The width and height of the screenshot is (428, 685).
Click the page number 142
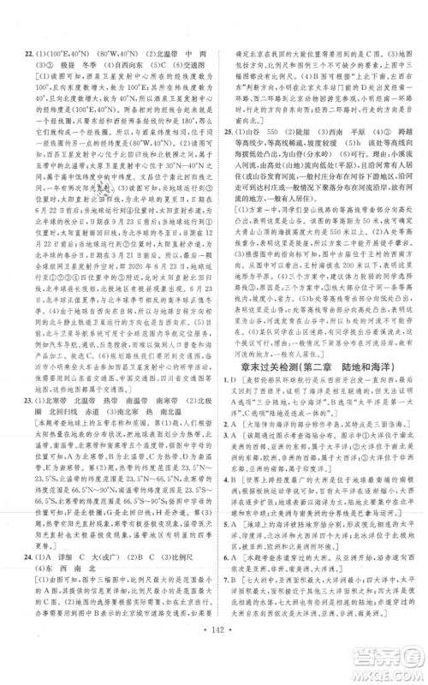click(213, 664)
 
